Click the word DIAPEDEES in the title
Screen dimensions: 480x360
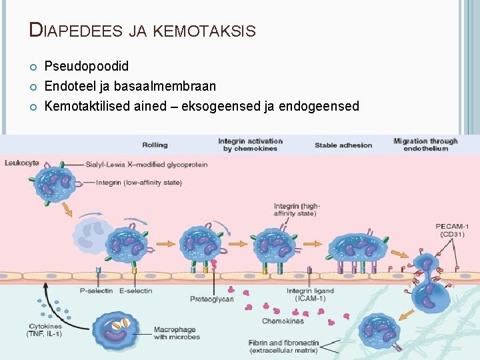click(x=77, y=30)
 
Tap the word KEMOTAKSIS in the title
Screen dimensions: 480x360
click(x=204, y=31)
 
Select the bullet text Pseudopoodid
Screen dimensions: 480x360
click(x=87, y=67)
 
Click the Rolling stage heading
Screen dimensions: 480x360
click(x=155, y=145)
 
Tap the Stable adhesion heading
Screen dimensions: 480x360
click(x=343, y=145)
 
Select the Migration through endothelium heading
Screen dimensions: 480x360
click(x=425, y=145)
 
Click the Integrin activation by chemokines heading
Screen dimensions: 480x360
click(x=250, y=145)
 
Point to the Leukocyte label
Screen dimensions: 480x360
click(x=21, y=162)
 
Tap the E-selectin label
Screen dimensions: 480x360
click(x=135, y=291)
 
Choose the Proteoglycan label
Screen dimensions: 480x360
click(x=211, y=299)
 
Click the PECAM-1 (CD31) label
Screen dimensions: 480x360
click(x=451, y=230)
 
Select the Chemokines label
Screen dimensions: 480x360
click(x=283, y=321)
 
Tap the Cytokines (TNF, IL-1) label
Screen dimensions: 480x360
click(x=45, y=329)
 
